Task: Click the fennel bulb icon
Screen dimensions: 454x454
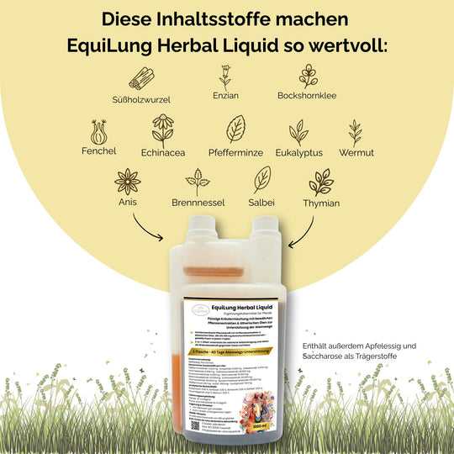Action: coord(99,133)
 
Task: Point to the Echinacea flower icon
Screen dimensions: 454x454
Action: coord(162,131)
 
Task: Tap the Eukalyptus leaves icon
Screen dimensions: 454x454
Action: coord(298,133)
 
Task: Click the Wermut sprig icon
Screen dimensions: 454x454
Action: coord(356,132)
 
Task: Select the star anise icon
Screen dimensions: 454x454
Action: coord(129,182)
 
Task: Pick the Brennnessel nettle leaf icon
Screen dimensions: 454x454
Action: coord(198,182)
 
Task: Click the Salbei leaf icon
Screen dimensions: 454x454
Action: coord(262,180)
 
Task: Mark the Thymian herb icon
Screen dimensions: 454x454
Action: coord(320,182)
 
